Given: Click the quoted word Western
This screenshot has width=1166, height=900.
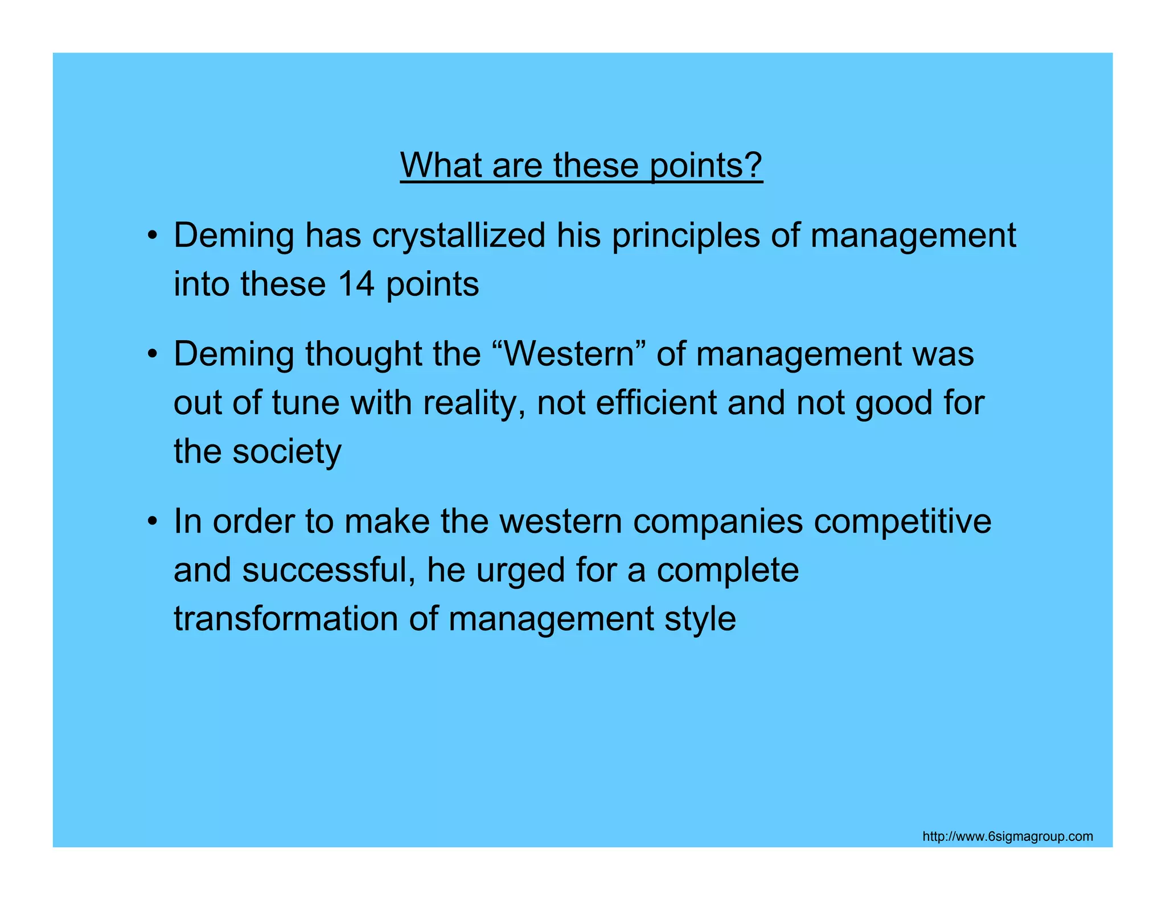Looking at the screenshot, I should point(569,354).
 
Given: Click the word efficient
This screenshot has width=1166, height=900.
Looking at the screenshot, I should point(656,403).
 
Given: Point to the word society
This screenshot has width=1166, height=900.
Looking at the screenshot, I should point(287,452).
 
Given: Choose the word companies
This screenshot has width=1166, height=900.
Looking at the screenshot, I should point(718,522).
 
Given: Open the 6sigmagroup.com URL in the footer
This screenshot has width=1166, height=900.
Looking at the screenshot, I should point(1007,836).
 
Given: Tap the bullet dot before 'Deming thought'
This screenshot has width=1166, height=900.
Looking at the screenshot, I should point(151,354).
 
